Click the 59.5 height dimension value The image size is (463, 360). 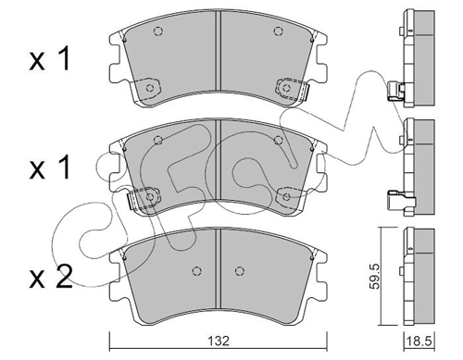[x=375, y=276]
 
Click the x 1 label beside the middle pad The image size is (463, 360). [x=50, y=167]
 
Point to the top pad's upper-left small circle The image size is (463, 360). [x=158, y=31]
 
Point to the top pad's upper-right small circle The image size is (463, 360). [x=278, y=31]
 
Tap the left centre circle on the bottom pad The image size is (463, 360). [x=196, y=271]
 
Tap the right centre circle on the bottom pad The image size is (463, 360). [x=240, y=271]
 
